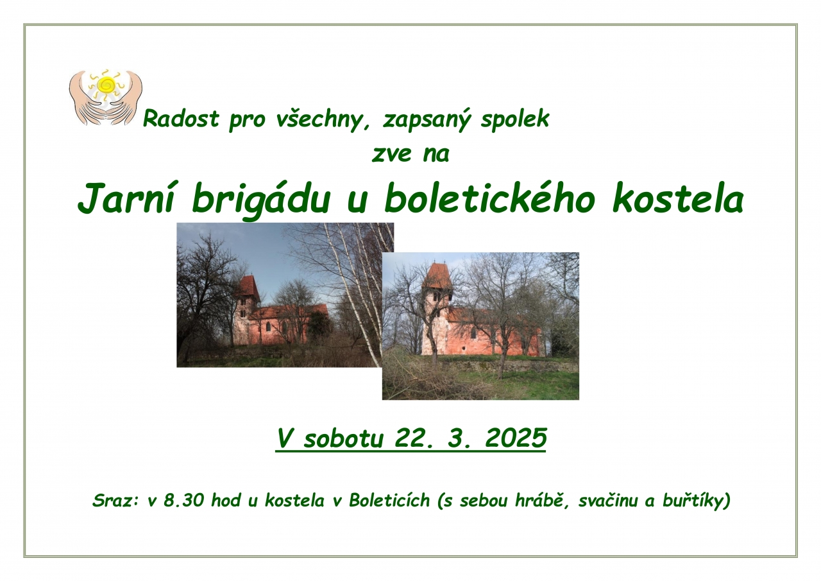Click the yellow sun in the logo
(106, 85)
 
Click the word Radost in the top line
(181, 119)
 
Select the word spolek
(515, 119)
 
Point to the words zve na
(410, 154)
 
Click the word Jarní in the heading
(126, 200)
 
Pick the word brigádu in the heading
(261, 202)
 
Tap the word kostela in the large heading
(678, 198)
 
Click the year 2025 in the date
(516, 438)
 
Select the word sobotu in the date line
(343, 438)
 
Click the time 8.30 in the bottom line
(183, 500)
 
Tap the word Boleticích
(389, 500)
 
